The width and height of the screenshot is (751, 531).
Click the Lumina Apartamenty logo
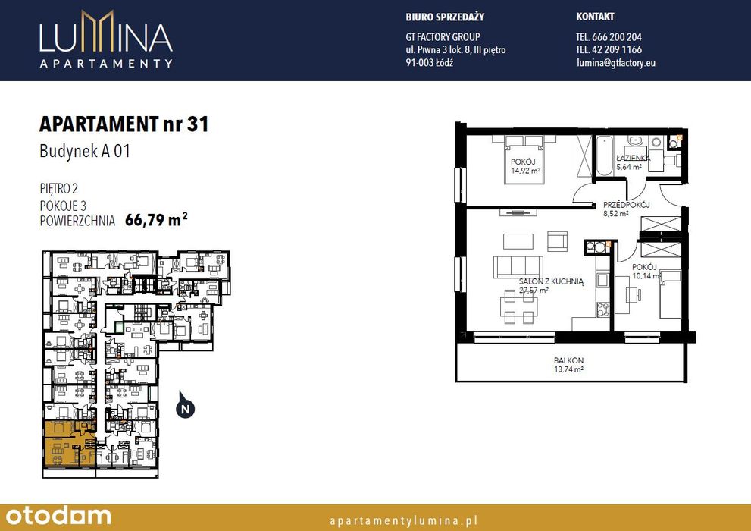[x=106, y=39]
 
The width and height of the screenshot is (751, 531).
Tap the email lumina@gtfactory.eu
[x=616, y=62]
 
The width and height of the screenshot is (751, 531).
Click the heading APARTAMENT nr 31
[x=124, y=124]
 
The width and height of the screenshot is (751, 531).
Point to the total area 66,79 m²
[x=156, y=219]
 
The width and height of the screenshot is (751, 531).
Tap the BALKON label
[x=568, y=360]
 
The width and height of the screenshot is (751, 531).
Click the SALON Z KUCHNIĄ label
[x=551, y=281]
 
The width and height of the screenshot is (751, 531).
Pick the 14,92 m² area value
[x=525, y=171]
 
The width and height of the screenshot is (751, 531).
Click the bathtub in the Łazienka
[x=604, y=156]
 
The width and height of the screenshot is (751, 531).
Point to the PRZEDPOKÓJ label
[x=626, y=205]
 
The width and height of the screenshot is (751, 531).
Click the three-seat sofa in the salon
[x=518, y=267]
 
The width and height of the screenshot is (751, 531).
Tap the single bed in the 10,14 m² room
[x=670, y=294]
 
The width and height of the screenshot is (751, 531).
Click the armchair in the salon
[x=557, y=241]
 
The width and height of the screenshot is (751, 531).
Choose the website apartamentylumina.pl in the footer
[x=404, y=520]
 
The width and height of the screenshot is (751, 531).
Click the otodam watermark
[x=58, y=516]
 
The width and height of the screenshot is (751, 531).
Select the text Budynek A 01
[x=85, y=152]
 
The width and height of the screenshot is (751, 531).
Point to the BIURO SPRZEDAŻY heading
[x=445, y=17]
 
